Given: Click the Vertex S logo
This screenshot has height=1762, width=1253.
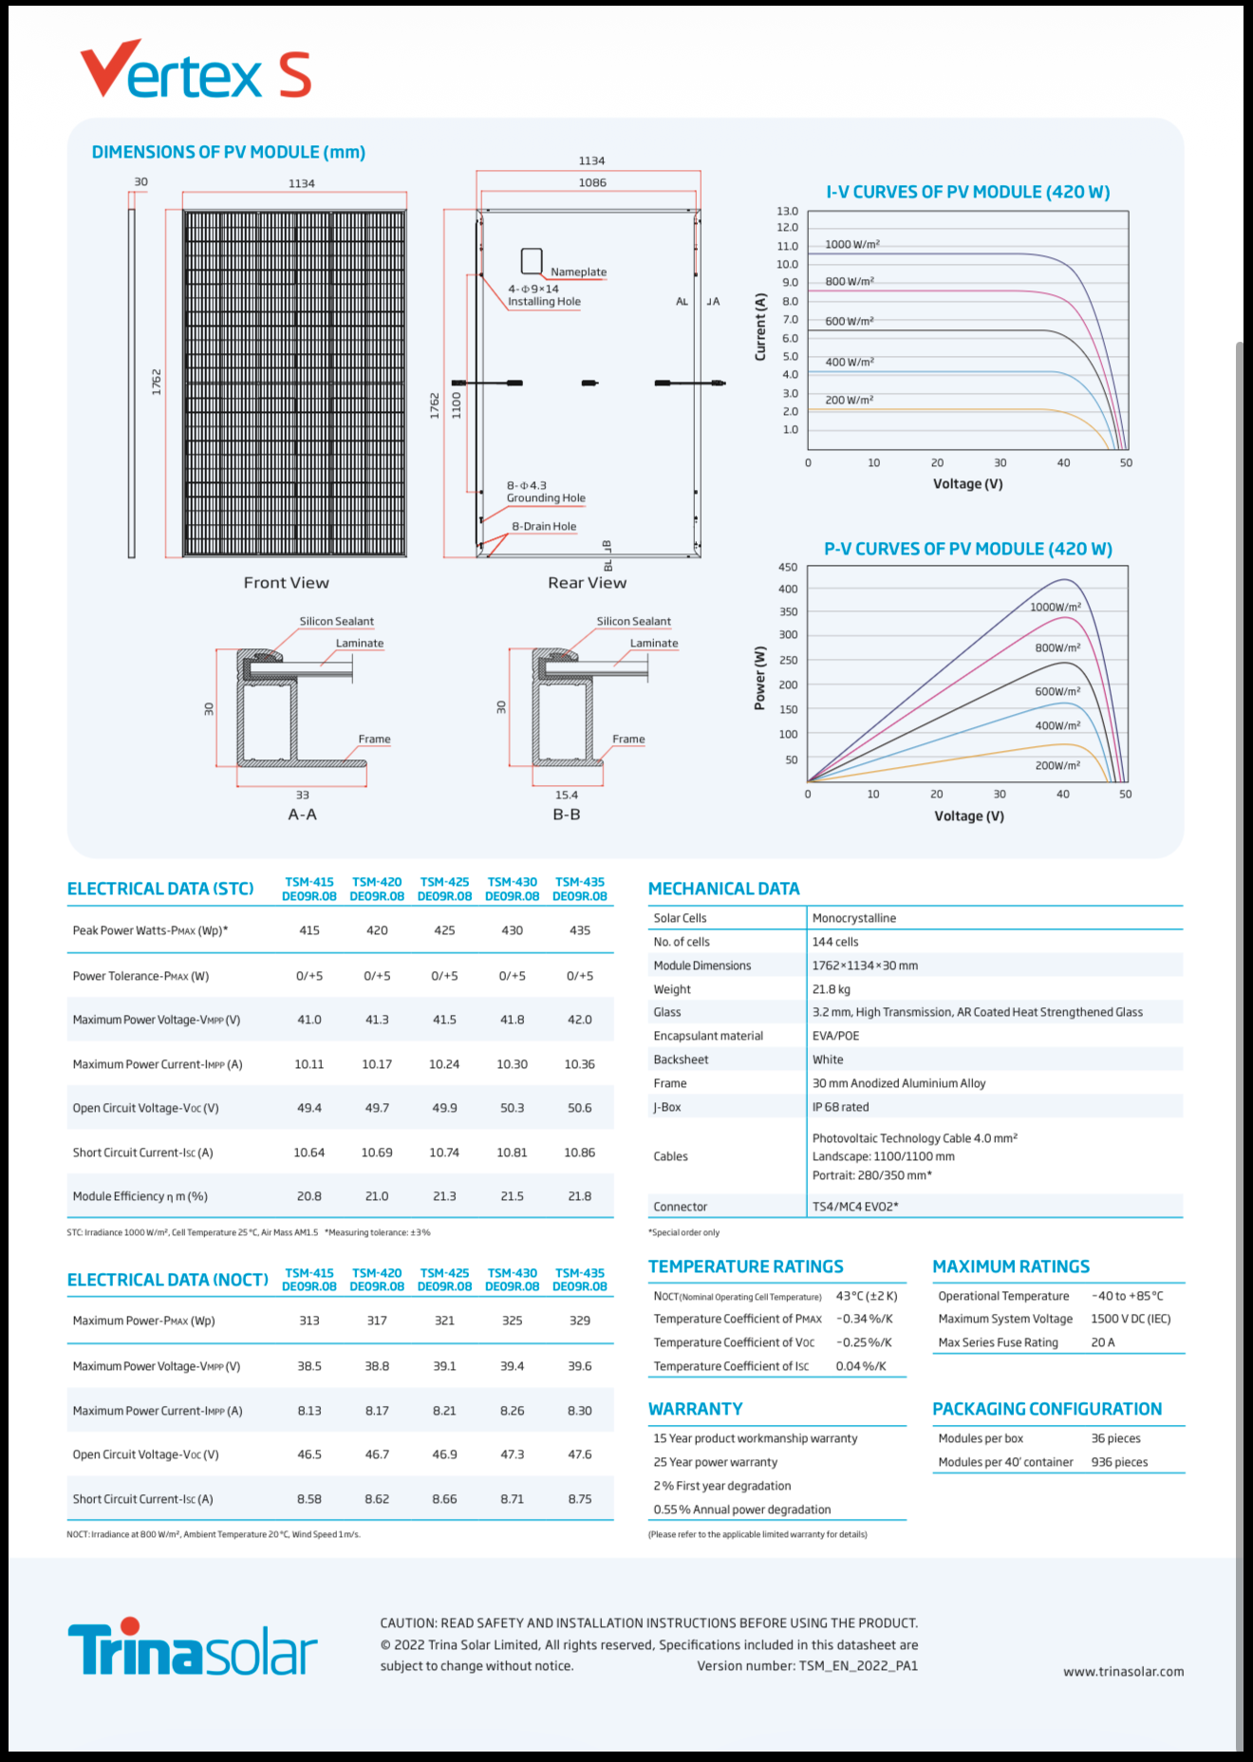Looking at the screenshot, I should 196,70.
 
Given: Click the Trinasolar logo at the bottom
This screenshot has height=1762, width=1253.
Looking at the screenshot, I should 193,1650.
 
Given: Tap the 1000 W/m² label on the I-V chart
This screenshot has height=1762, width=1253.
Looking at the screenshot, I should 851,245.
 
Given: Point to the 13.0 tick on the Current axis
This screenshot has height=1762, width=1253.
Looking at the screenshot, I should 788,212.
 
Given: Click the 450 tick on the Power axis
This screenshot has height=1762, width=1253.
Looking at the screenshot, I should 788,568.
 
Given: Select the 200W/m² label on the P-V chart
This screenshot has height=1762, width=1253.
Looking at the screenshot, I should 1057,765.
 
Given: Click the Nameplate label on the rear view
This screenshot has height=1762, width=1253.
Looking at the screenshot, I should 578,272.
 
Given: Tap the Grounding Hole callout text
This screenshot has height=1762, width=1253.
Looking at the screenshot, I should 546,498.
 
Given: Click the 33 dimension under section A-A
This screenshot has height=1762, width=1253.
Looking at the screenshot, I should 302,796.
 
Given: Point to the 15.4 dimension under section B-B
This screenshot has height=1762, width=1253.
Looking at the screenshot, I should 567,796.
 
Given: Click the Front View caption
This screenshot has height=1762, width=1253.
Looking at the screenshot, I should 286,583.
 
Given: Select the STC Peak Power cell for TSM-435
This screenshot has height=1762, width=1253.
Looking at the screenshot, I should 579,930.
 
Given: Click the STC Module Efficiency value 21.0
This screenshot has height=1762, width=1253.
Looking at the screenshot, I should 377,1196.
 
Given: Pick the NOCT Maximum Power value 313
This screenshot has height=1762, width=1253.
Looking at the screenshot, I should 309,1321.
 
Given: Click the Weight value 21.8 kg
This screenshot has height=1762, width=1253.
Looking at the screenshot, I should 832,989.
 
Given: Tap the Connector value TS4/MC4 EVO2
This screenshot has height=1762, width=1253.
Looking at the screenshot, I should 854,1207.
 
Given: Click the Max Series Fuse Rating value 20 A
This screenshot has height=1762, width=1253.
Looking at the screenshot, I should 1103,1342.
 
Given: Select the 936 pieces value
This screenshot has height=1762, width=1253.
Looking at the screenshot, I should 1119,1462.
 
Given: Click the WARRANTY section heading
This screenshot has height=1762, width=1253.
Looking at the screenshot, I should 695,1409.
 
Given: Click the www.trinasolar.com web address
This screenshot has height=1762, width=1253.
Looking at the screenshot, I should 1123,1672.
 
